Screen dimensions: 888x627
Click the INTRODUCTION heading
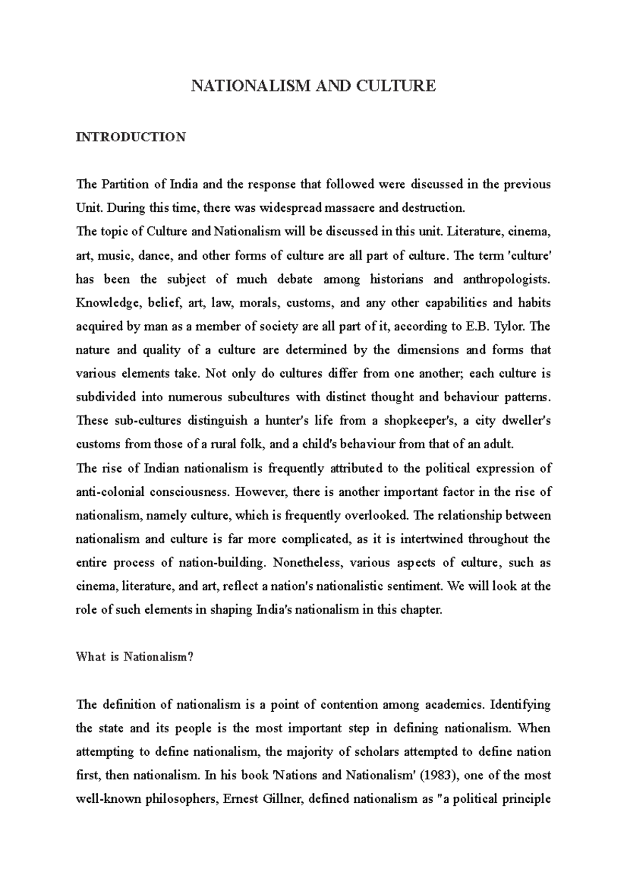pos(131,137)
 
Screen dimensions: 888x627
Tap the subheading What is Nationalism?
pos(135,657)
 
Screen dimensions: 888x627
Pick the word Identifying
pos(520,704)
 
